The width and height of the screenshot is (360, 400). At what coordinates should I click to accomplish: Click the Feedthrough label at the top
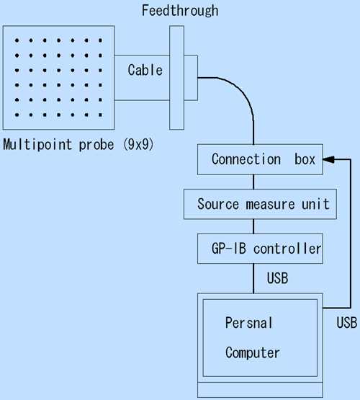(x=180, y=11)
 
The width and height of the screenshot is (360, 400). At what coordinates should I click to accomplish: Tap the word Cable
(x=145, y=70)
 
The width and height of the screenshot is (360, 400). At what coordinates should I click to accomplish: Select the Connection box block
(x=260, y=159)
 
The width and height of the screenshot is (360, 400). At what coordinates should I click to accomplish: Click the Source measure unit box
(x=260, y=204)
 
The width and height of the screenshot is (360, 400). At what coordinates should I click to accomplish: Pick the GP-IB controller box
(x=260, y=249)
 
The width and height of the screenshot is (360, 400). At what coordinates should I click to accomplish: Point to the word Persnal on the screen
(x=249, y=323)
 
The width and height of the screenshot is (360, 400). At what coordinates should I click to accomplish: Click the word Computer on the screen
(x=253, y=353)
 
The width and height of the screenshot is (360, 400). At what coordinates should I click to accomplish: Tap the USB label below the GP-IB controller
(x=277, y=278)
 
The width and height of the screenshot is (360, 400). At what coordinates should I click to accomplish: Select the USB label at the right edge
(x=347, y=323)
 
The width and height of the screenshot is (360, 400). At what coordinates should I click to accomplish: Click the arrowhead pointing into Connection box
(x=328, y=159)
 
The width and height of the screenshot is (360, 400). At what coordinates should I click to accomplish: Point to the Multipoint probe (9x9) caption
(x=78, y=145)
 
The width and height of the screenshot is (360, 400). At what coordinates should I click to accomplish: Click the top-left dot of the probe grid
(x=17, y=40)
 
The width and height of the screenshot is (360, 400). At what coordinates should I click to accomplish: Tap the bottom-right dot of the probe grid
(x=100, y=115)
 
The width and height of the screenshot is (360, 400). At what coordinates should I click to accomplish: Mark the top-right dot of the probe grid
(x=100, y=40)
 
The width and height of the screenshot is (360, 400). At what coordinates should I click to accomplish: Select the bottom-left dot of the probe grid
(x=17, y=115)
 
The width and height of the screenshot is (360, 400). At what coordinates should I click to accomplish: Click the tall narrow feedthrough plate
(x=177, y=78)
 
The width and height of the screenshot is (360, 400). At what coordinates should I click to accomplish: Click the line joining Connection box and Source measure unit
(x=253, y=182)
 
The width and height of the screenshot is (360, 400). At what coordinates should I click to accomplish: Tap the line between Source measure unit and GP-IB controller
(x=253, y=226)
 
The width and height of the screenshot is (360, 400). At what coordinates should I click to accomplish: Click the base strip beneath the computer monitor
(x=260, y=389)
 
